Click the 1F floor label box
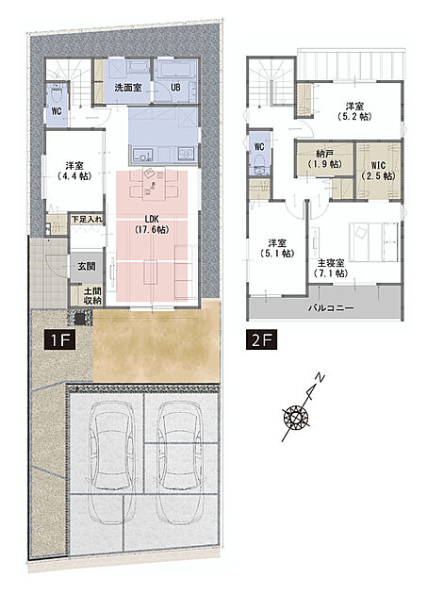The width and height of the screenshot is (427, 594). pyautogui.click(x=60, y=340)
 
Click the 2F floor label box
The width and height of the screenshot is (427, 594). pyautogui.click(x=261, y=340)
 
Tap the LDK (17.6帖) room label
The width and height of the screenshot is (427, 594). pyautogui.click(x=152, y=223)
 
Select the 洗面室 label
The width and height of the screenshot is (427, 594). pyautogui.click(x=128, y=88)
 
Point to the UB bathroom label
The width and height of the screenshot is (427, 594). pyautogui.click(x=175, y=88)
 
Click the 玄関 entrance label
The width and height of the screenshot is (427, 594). pyautogui.click(x=87, y=266)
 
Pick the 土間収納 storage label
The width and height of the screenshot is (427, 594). pyautogui.click(x=92, y=296)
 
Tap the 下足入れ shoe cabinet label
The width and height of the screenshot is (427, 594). pyautogui.click(x=87, y=219)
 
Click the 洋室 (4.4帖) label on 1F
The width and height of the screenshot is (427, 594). pyautogui.click(x=74, y=171)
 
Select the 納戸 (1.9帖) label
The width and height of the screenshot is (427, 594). pyautogui.click(x=324, y=159)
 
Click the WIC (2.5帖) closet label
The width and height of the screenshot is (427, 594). pyautogui.click(x=378, y=171)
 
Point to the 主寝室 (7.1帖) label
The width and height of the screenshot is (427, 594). pyautogui.click(x=331, y=268)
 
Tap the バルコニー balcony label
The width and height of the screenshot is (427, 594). pyautogui.click(x=331, y=307)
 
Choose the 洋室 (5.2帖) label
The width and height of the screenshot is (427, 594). pyautogui.click(x=354, y=111)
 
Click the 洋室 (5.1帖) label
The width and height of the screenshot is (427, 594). pyautogui.click(x=278, y=248)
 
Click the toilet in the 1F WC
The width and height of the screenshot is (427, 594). pyautogui.click(x=57, y=93)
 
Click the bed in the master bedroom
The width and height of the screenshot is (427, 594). pyautogui.click(x=374, y=241)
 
